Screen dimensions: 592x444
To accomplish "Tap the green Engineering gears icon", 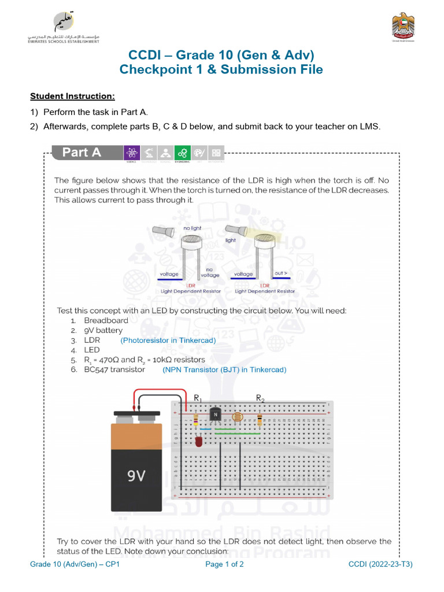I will point(183,153).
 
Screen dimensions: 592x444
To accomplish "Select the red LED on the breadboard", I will point(199,442).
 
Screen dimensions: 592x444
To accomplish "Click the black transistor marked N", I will point(215,415).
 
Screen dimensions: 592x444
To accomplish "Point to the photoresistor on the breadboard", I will point(236,416).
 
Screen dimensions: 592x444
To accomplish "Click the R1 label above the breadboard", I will point(198,398).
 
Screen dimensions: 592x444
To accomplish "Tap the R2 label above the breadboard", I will point(260,398).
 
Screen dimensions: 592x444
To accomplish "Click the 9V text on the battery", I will point(136,476).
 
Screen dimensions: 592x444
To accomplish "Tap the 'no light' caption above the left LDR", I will point(192,228).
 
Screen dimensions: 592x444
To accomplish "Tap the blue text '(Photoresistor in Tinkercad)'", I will point(168,341).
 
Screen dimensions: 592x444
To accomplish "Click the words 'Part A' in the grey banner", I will point(82,153).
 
